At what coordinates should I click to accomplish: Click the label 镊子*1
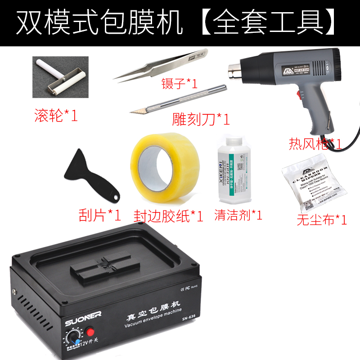(x=180, y=84)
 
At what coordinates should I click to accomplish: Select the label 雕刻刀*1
(x=201, y=119)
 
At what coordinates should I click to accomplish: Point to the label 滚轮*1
(x=56, y=116)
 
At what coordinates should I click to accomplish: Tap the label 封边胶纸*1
(x=168, y=216)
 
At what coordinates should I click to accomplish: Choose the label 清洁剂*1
(x=238, y=215)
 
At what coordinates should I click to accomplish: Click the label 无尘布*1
(x=321, y=220)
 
